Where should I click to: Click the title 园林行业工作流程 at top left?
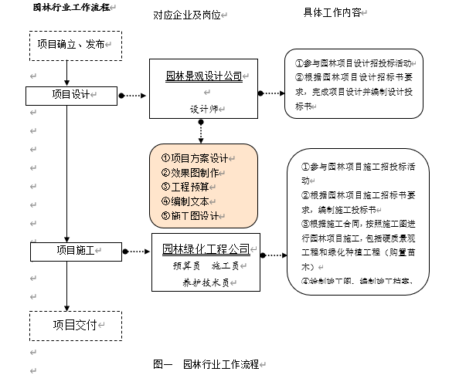click(x=69, y=7)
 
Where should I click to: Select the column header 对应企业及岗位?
click(x=186, y=15)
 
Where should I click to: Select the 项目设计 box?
click(x=71, y=95)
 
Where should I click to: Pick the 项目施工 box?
click(x=76, y=251)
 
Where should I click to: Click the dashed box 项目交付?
click(x=74, y=325)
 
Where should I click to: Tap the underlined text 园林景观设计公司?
click(x=204, y=76)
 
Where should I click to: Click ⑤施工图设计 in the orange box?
click(x=190, y=215)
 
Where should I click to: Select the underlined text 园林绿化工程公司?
click(x=206, y=248)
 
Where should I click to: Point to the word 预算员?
click(x=186, y=265)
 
